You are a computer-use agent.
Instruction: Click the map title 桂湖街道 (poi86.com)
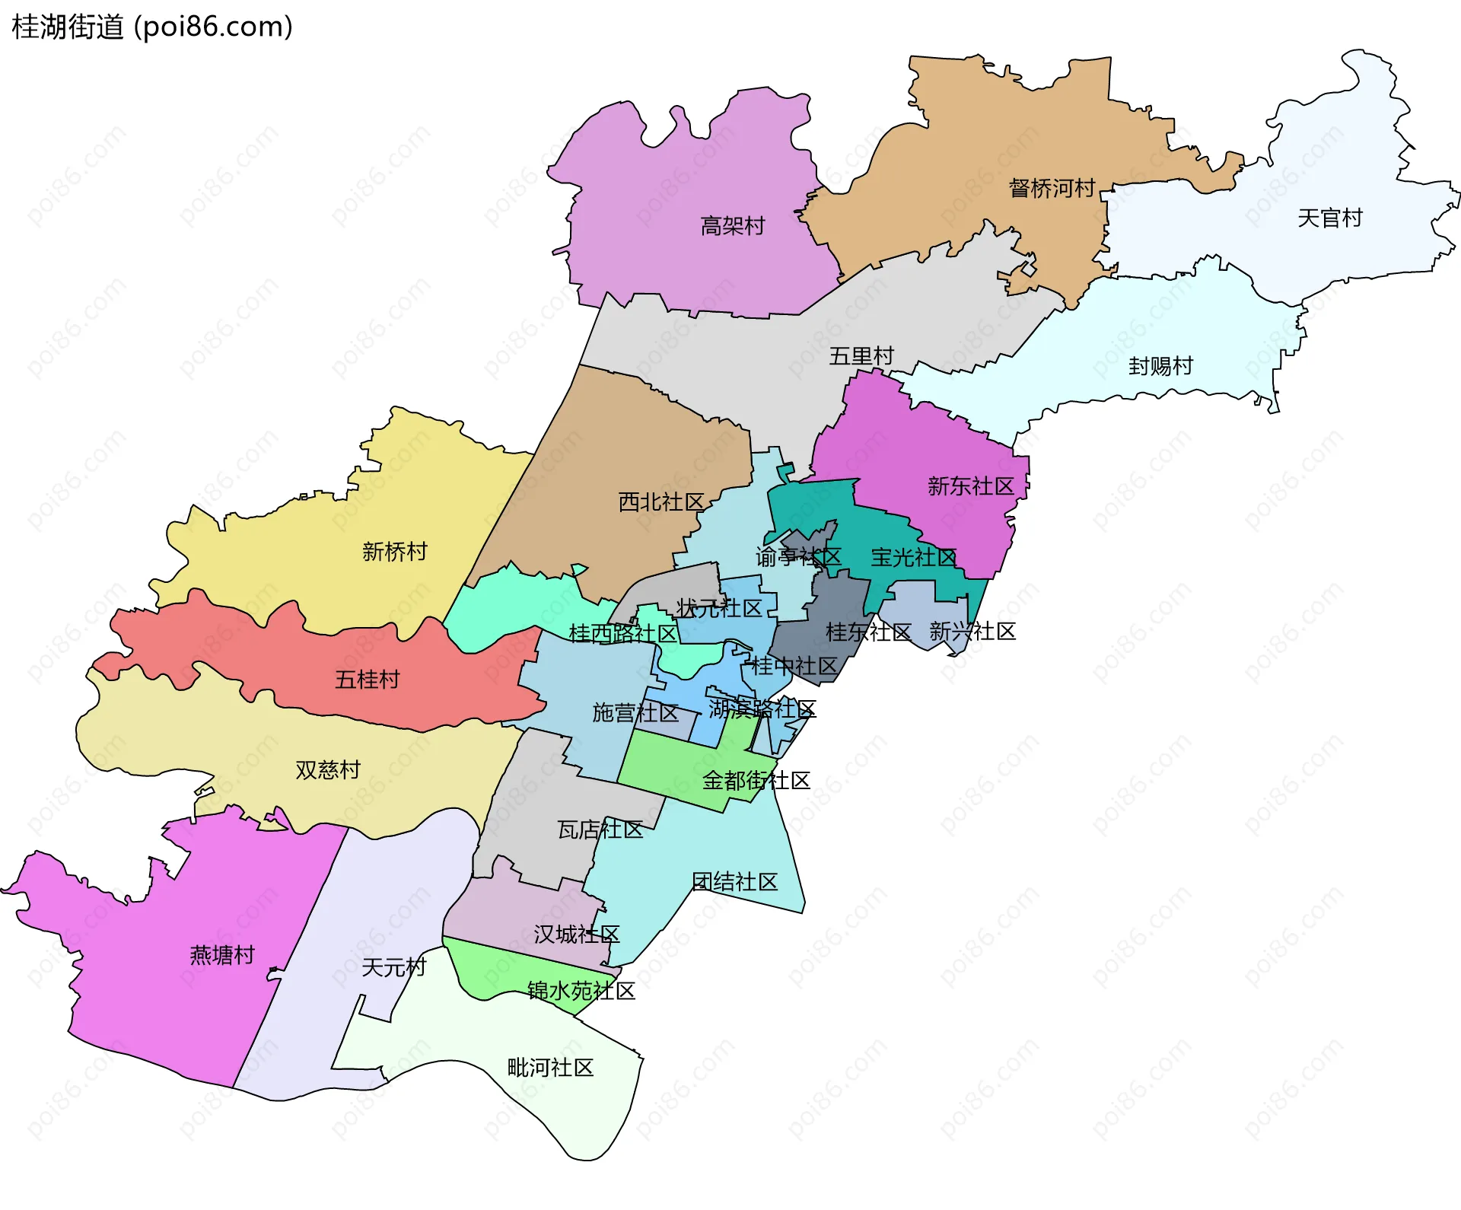(x=152, y=27)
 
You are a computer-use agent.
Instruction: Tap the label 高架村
(x=732, y=226)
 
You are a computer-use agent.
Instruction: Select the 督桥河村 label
(x=1052, y=188)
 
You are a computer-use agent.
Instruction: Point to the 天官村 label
(x=1329, y=218)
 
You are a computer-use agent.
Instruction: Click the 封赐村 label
(x=1160, y=366)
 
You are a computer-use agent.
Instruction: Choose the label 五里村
(x=861, y=356)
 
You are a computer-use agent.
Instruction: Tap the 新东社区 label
(x=970, y=486)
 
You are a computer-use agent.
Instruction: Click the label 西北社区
(x=660, y=502)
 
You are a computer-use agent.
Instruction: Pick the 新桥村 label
(x=394, y=551)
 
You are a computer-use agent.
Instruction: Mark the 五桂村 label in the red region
(x=367, y=679)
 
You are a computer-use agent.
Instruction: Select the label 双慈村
(x=327, y=770)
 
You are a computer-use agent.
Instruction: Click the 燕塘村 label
(x=221, y=955)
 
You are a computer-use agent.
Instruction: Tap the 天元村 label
(x=393, y=967)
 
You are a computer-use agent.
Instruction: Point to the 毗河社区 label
(x=550, y=1068)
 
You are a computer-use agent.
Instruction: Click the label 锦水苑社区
(x=581, y=991)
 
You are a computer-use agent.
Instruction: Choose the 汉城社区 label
(x=576, y=934)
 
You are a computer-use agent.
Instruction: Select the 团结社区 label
(x=734, y=882)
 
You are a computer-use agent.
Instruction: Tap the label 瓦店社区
(x=600, y=829)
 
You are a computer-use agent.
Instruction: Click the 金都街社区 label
(x=756, y=781)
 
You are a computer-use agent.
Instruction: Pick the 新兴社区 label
(x=972, y=632)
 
